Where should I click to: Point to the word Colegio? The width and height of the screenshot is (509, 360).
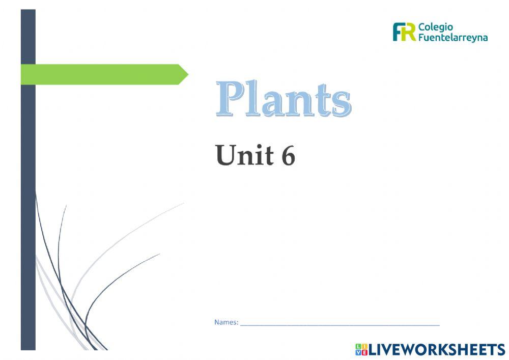[436, 27]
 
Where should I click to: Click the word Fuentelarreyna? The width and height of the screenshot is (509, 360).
[453, 38]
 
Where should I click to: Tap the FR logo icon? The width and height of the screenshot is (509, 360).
[404, 32]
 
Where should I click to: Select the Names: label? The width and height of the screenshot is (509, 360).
[226, 322]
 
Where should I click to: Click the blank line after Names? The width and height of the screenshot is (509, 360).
[340, 323]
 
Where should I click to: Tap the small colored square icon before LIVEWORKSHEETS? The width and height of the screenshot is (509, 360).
[361, 349]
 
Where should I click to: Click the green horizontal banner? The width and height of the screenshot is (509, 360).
[102, 74]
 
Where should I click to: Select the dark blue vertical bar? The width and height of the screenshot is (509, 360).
[28, 204]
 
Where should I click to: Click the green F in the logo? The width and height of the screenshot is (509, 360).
[398, 32]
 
